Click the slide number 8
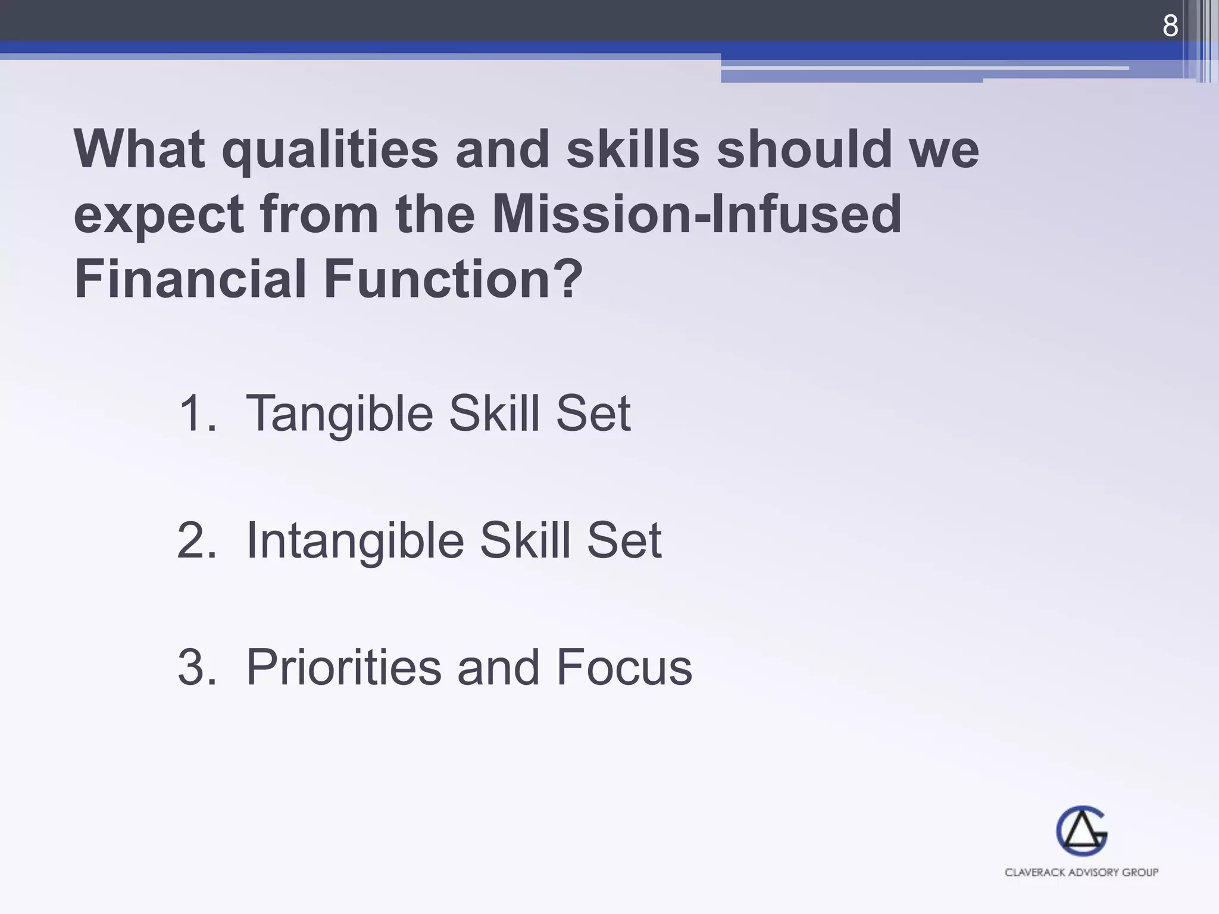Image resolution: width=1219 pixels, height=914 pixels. coord(1170,26)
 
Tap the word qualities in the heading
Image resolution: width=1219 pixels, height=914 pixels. coord(330,150)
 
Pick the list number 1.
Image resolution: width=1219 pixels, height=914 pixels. coord(197,413)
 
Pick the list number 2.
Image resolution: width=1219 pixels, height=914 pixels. coord(197,540)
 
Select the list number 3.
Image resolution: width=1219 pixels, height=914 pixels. coord(197,667)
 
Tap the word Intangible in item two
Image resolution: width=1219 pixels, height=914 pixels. coord(355,541)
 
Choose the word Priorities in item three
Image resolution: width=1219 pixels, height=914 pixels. coord(343,667)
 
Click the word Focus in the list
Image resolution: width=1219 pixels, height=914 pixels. coord(624,667)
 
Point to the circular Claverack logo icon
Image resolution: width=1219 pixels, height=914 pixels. coord(1082,831)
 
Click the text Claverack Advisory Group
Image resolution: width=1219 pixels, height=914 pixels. coord(1082,872)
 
